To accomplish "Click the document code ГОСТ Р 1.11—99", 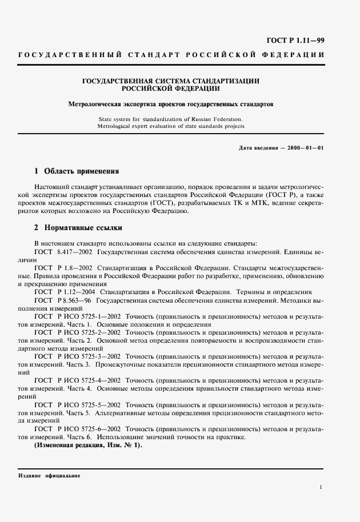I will tap(300, 40).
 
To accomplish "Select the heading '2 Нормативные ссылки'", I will tap(78, 227).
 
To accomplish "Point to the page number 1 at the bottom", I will tap(322, 487).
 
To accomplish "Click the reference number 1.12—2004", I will tap(78, 291).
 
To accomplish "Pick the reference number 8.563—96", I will tap(77, 300).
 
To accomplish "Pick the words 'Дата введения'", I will tap(258, 148).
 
